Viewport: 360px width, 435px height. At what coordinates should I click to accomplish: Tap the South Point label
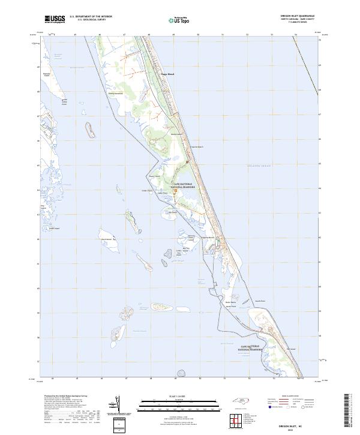(259, 301)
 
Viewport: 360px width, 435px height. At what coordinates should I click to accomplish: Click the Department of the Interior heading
(90, 16)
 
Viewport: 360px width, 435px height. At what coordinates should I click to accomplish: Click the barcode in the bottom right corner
(349, 414)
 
